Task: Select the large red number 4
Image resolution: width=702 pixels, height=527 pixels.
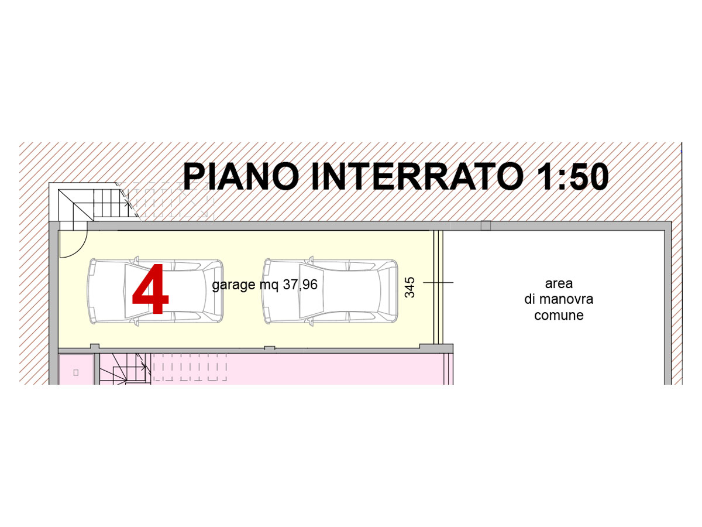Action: click(150, 289)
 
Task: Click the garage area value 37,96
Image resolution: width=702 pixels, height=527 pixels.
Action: click(300, 285)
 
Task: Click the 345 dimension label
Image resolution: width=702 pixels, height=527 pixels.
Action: click(409, 288)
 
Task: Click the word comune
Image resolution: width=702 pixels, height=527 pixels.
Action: click(559, 316)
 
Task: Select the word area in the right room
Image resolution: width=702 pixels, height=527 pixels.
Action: click(559, 283)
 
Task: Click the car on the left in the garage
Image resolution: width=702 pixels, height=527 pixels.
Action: click(155, 291)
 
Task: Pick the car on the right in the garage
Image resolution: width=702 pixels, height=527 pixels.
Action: click(330, 291)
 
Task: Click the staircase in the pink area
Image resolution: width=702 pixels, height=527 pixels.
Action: click(123, 368)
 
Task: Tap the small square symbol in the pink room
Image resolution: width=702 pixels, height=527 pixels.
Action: click(76, 372)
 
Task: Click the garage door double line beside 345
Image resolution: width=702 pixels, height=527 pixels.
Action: click(438, 288)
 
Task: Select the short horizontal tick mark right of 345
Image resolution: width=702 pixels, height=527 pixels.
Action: click(438, 283)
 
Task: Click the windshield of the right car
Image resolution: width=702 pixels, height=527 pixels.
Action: click(311, 291)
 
